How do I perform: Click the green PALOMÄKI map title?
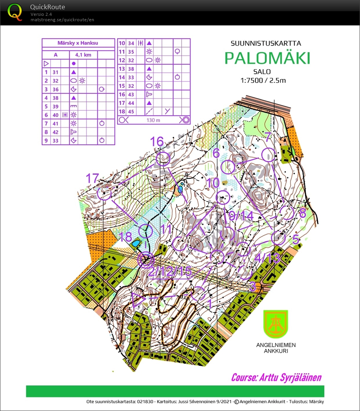[267, 58]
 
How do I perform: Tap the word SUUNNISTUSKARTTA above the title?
[266, 43]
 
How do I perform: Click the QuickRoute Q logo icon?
[15, 12]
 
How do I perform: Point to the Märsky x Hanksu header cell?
[78, 43]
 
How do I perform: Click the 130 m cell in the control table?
[153, 120]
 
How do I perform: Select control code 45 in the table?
[131, 112]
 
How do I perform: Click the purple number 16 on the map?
[157, 142]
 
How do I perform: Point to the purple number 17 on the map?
[93, 178]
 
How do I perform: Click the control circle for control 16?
[163, 159]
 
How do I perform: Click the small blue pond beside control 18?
[136, 244]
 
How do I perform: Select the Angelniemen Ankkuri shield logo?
[275, 324]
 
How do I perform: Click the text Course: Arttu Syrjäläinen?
[276, 377]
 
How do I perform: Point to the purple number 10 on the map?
[213, 183]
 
